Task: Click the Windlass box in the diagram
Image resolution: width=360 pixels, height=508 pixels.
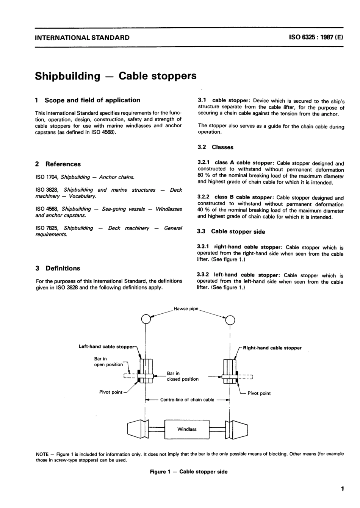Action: tap(187, 429)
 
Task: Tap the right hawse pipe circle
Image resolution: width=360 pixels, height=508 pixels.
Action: tap(230, 320)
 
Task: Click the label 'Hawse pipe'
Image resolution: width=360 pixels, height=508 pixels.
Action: tap(186, 309)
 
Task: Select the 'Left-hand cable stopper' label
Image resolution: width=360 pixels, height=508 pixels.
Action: tap(106, 347)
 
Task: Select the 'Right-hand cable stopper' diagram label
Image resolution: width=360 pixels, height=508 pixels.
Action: tap(272, 348)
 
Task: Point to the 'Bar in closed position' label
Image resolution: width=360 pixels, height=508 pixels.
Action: tap(182, 376)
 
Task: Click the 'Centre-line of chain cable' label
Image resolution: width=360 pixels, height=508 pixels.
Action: tap(187, 400)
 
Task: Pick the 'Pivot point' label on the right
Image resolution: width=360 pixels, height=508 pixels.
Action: tap(259, 393)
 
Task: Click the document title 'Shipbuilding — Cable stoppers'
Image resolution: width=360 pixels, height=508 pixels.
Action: tap(116, 76)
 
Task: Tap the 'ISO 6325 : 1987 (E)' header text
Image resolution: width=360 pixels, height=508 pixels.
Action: tap(316, 38)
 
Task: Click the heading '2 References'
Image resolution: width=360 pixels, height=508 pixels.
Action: tap(58, 164)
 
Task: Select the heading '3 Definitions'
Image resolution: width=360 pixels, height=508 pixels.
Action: tap(58, 268)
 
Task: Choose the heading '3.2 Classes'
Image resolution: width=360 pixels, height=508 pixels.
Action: tap(216, 147)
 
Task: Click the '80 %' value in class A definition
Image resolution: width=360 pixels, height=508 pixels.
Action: tap(203, 176)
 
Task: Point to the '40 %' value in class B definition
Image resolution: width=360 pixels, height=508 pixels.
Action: tap(203, 211)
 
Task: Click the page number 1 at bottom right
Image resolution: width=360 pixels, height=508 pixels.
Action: tap(342, 489)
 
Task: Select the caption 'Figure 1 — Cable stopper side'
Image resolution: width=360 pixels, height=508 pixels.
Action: tap(189, 472)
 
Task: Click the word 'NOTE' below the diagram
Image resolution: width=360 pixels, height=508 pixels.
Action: tap(42, 454)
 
